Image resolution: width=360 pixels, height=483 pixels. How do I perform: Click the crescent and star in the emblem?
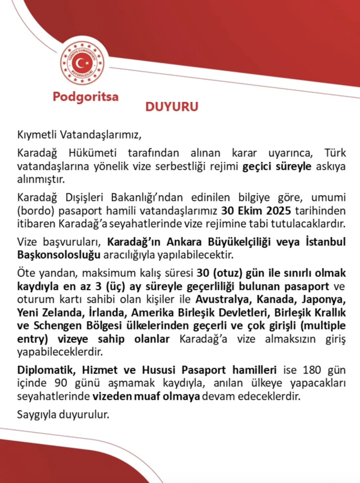point(81,63)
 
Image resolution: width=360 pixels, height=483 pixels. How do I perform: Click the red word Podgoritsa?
point(86,97)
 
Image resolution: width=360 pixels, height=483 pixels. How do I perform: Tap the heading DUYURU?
point(172,107)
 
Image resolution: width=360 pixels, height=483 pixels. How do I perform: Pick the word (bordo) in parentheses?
point(35,211)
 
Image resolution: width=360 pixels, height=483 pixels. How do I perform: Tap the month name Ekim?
point(250,211)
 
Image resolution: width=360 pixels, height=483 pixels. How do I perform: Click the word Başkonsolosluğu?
point(59,255)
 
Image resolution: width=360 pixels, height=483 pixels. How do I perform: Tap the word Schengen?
point(58,326)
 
